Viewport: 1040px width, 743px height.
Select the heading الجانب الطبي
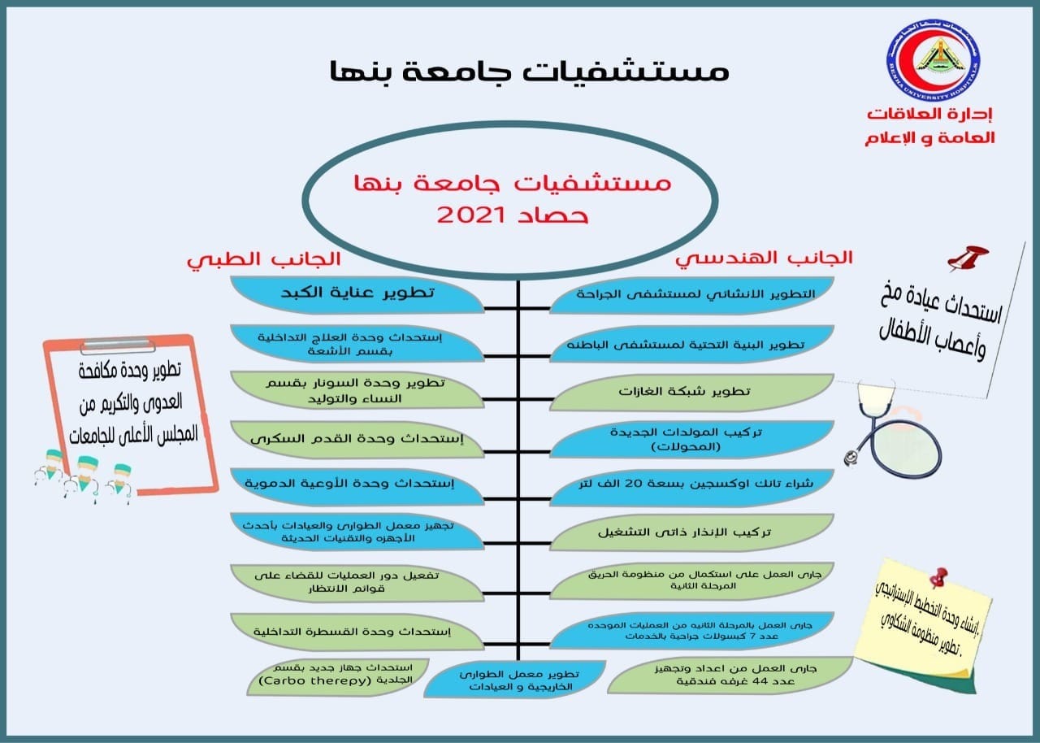tap(264, 260)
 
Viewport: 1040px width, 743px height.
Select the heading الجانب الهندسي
tap(765, 258)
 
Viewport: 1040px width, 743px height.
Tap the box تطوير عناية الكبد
tap(357, 293)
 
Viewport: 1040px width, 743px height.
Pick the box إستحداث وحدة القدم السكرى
tap(357, 440)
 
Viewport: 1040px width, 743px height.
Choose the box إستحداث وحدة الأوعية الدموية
tap(357, 485)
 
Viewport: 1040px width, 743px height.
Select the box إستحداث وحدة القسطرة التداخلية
tap(357, 631)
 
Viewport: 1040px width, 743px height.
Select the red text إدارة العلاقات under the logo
tap(930, 115)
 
